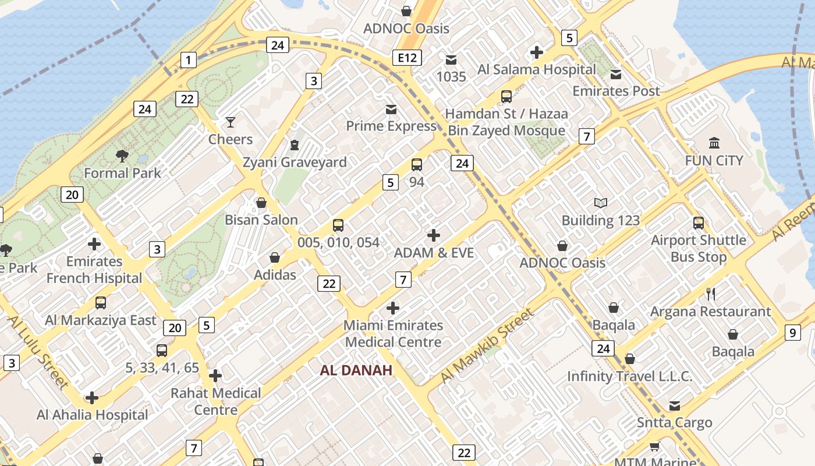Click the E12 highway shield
click(406, 58)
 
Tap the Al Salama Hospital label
click(537, 69)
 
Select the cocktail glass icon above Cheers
click(231, 122)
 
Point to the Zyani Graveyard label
click(295, 162)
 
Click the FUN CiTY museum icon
click(714, 143)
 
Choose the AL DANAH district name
click(356, 370)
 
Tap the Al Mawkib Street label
click(487, 345)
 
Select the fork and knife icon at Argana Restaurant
click(710, 294)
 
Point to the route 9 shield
click(792, 333)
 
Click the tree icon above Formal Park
click(122, 156)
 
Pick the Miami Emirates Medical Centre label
click(394, 333)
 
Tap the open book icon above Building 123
click(601, 203)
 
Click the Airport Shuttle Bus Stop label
click(699, 248)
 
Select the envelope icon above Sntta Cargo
click(674, 405)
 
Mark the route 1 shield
click(188, 59)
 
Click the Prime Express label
click(391, 126)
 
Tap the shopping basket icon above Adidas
click(275, 257)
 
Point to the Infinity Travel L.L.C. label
click(630, 376)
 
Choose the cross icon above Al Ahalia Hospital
click(92, 398)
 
